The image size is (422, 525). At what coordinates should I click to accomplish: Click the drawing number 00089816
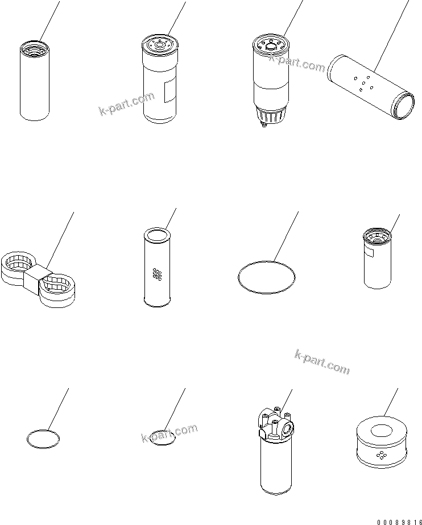[399, 522]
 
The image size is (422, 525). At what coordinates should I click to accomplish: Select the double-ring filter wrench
[38, 279]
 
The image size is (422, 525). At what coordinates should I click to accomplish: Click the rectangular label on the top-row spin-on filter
[169, 91]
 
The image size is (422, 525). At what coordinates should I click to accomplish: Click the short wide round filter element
[382, 441]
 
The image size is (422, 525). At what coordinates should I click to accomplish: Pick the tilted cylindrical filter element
[371, 87]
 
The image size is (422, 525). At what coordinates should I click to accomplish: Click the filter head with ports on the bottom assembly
[276, 423]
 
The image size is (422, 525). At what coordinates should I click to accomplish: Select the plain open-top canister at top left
[35, 80]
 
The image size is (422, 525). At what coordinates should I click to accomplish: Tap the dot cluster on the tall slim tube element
[157, 274]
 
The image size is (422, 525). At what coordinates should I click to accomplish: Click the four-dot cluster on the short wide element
[382, 455]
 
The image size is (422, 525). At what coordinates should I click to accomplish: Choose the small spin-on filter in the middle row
[378, 258]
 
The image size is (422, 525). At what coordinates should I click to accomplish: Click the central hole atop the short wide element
[382, 431]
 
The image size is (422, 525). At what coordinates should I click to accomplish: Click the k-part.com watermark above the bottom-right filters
[322, 362]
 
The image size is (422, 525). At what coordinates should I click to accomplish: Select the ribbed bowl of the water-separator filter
[270, 115]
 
